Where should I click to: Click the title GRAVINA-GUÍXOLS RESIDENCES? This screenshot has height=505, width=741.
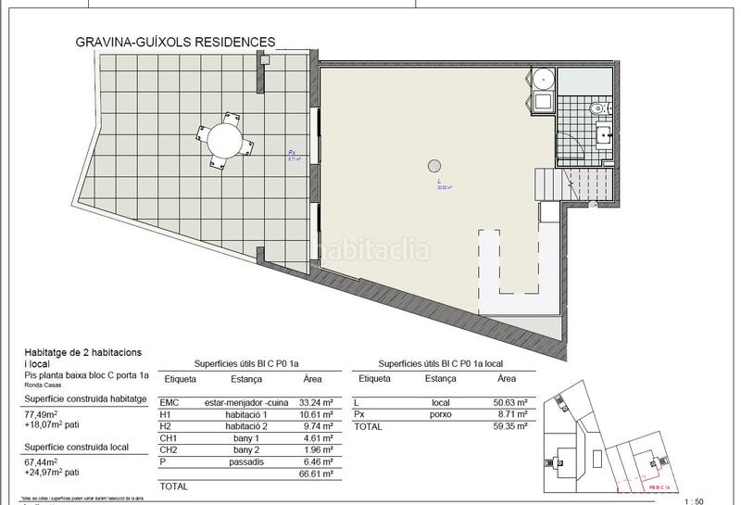pos(175,42)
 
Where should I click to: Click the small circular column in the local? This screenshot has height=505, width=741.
pos(433,167)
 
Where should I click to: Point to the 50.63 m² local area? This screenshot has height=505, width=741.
pos(509,403)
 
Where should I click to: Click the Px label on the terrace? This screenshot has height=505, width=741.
pos(292,153)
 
